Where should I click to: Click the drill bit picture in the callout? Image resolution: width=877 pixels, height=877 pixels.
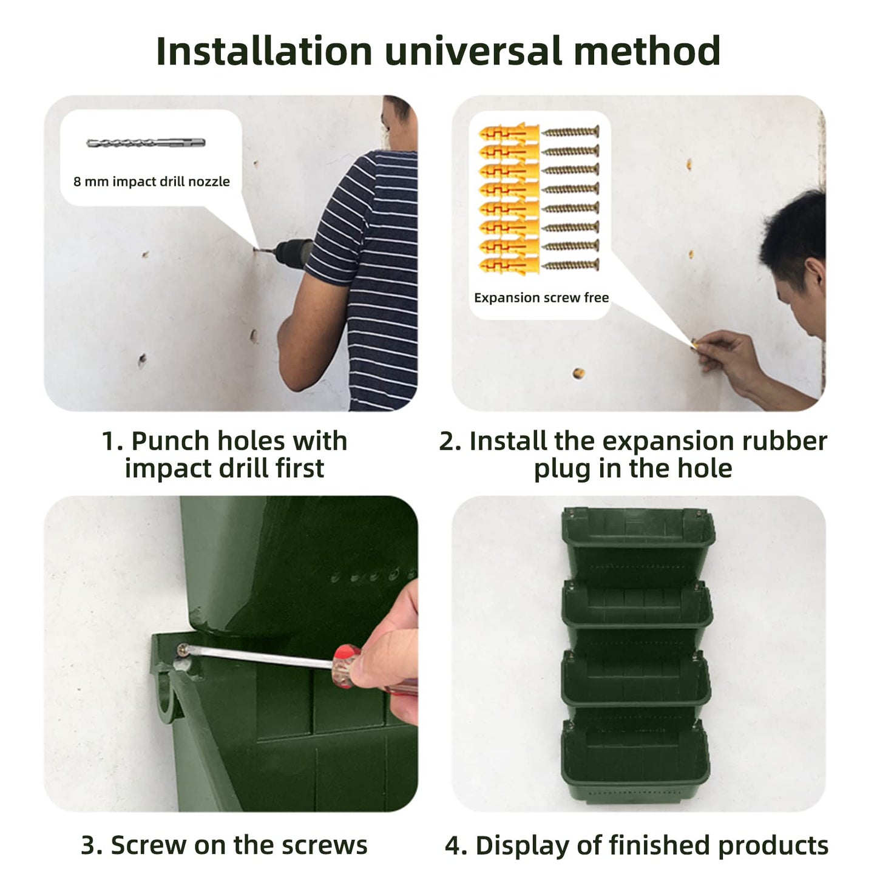pos(146,143)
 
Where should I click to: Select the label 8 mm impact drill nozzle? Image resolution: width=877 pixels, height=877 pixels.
pos(152,181)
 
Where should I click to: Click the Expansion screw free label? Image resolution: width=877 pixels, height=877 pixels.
pos(541,297)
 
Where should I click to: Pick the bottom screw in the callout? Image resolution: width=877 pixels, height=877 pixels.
pos(571,265)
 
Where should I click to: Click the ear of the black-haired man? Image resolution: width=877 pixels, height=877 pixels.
pos(816,274)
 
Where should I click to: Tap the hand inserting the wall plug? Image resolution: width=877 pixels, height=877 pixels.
pos(725,355)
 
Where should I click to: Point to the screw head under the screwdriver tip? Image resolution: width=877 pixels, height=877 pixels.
pos(183,651)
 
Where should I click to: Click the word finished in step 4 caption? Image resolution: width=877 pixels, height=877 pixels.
pos(659,845)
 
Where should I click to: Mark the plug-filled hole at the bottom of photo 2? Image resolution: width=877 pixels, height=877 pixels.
pos(578,373)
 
